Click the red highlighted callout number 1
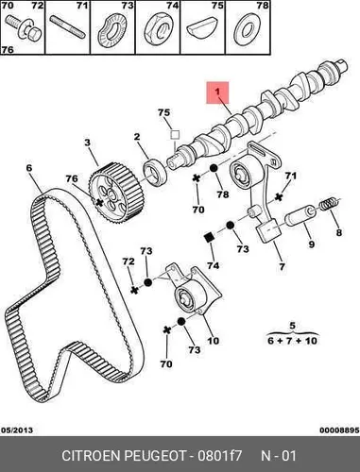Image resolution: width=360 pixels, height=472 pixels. tap(217, 93)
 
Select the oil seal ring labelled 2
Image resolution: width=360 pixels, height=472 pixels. tap(155, 173)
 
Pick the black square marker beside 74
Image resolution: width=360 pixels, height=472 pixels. tap(209, 237)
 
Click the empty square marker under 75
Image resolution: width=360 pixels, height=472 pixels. tap(175, 135)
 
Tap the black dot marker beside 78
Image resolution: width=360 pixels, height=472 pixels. tap(214, 169)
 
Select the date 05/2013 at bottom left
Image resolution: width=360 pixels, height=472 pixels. tap(17, 430)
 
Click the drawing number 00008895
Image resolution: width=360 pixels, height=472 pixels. tap(339, 430)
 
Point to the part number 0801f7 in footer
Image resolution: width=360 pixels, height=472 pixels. tap(219, 456)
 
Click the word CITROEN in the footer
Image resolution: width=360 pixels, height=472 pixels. tap(92, 456)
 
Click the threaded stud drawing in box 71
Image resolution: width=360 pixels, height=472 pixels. tap(68, 27)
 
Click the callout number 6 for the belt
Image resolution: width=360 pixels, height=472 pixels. tap(29, 168)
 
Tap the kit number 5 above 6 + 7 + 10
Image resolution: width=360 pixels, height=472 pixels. tap(293, 326)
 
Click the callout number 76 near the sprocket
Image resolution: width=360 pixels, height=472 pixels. tap(72, 178)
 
